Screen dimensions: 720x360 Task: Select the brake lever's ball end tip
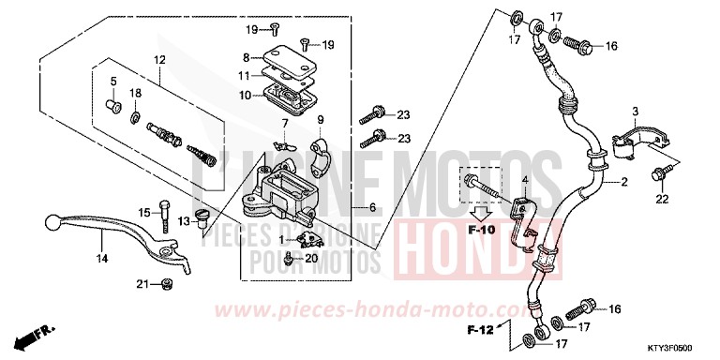(x=50, y=222)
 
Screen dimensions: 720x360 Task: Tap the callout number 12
(x=158, y=60)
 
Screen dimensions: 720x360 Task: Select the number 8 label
(x=246, y=57)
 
